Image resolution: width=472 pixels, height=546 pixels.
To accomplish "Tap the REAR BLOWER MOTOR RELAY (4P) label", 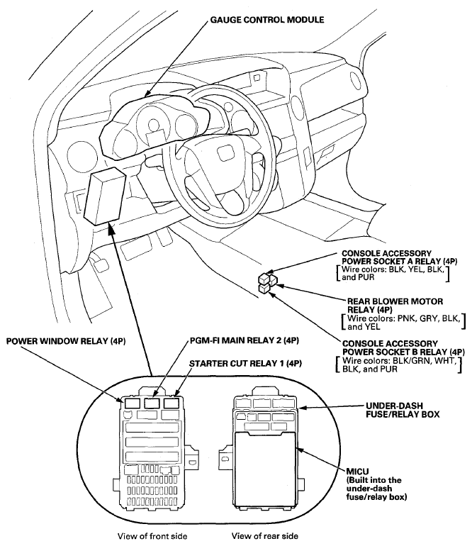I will [394, 305].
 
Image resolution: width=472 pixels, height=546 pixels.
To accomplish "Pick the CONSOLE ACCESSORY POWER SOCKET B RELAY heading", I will [403, 347].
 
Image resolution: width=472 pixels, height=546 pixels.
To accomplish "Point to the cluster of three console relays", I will [267, 282].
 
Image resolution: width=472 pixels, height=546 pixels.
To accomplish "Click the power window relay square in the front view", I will [130, 404].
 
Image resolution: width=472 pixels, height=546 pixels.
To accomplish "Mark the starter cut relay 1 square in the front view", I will [171, 404].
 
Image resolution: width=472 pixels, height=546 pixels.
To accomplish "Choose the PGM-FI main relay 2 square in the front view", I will [150, 404].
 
